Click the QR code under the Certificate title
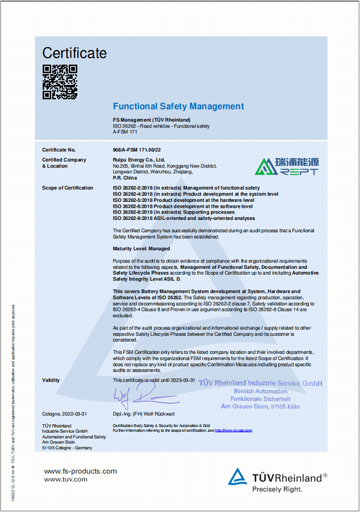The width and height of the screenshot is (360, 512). tap(59, 81)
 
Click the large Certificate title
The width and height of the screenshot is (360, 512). tap(74, 53)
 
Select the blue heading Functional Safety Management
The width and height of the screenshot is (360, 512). tap(178, 106)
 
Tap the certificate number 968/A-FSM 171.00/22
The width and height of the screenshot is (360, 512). tap(137, 150)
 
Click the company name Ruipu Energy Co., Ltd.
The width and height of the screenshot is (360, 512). tap(138, 159)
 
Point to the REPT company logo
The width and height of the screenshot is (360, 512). tap(287, 166)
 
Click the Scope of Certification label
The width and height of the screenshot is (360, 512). tap(67, 188)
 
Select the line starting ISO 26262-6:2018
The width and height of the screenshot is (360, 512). tap(183, 206)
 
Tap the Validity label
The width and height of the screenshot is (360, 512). tap(51, 380)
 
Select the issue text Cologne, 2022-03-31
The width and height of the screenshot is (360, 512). tap(65, 414)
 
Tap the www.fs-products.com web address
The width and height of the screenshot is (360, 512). tap(80, 471)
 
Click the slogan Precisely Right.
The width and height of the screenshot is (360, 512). tap(277, 489)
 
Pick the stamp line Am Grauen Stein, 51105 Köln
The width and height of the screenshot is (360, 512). tap(261, 407)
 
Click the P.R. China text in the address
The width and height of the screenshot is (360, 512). tap(125, 178)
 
